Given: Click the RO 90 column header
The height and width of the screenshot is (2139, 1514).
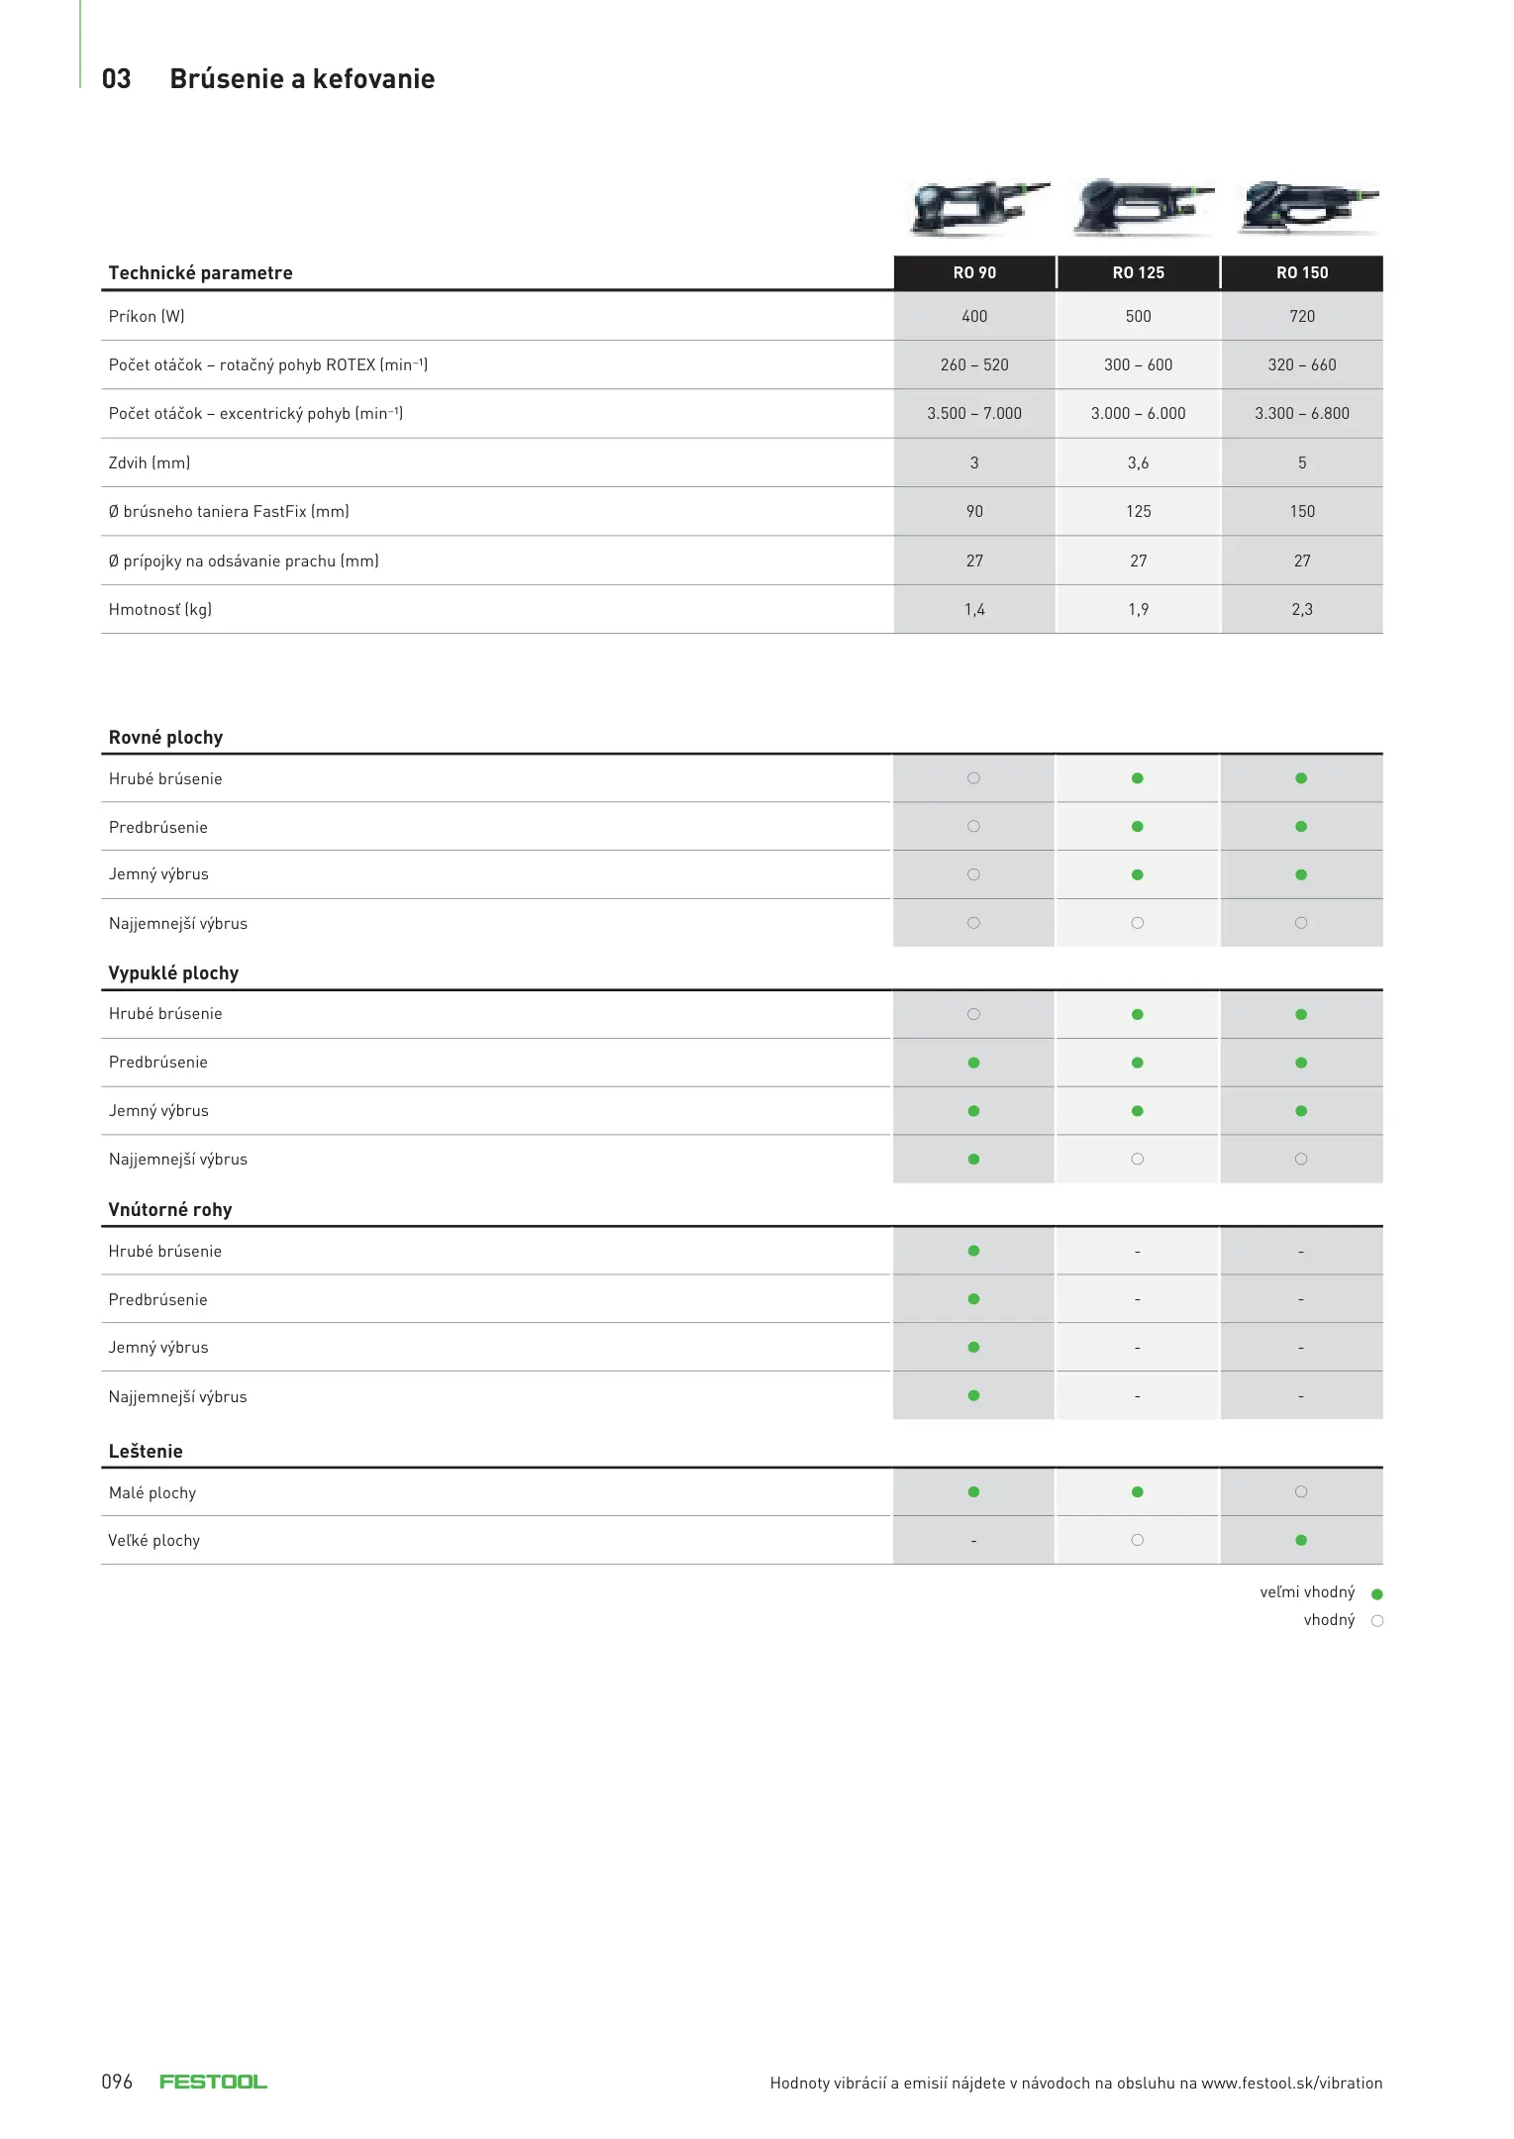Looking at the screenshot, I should [x=974, y=272].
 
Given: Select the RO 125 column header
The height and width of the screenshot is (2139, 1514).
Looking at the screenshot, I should [x=1138, y=272].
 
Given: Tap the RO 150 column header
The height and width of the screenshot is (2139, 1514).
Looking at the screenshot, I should [x=1301, y=272].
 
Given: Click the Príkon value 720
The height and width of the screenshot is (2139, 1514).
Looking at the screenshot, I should [x=1301, y=316].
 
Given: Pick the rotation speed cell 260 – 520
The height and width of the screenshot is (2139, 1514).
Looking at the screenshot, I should [x=974, y=364].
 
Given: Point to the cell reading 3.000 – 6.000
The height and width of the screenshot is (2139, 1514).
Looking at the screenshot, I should [x=1138, y=413].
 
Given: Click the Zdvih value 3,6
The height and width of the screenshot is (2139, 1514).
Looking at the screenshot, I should [x=1138, y=462].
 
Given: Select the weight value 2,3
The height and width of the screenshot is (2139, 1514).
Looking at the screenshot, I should [x=1301, y=609].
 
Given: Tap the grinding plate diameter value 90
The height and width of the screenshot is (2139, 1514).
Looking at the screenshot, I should [x=974, y=511].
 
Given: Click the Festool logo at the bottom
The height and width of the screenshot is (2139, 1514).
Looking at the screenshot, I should [x=213, y=2082].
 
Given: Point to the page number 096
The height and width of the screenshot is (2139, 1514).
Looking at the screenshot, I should [x=117, y=2082].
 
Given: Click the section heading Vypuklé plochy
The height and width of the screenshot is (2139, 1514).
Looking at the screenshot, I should [x=173, y=972].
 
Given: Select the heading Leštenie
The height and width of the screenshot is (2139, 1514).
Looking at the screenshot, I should [x=146, y=1451].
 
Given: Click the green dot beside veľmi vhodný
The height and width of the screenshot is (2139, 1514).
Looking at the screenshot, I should [x=1376, y=1593].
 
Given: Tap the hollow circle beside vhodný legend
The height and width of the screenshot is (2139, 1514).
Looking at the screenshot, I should [x=1376, y=1621].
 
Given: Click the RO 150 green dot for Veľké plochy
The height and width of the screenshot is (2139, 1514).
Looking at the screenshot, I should [x=1301, y=1540].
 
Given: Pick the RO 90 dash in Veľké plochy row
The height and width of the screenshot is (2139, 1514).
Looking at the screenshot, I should [x=974, y=1541].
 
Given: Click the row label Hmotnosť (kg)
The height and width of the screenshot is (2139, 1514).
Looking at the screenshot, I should [x=160, y=609].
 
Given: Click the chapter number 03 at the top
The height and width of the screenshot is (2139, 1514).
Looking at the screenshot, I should [x=116, y=79].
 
